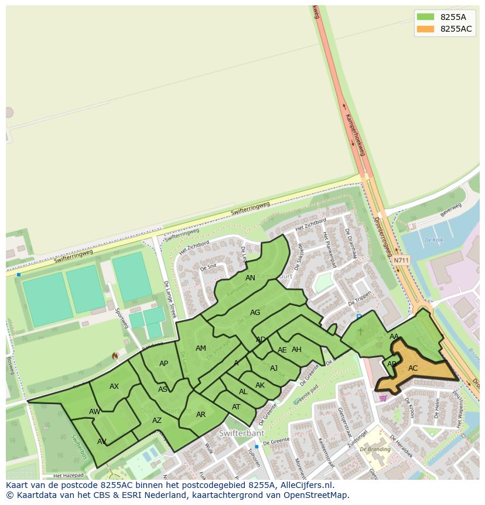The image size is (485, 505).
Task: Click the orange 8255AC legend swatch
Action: click(x=426, y=29)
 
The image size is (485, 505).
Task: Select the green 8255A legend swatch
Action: click(x=426, y=17)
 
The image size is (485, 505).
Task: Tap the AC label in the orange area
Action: click(x=413, y=368)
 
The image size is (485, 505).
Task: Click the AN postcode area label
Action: click(x=250, y=278)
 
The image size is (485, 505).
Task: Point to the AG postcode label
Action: click(x=255, y=313)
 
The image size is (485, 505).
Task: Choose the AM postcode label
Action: click(x=201, y=348)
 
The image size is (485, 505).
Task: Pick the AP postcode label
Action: click(x=163, y=364)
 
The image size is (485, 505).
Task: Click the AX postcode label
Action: click(x=114, y=387)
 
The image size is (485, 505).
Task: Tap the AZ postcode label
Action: click(x=157, y=421)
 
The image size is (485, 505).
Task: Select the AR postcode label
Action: click(x=201, y=415)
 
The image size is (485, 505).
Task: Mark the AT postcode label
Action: click(x=236, y=407)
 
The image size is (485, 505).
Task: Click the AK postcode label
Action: click(x=260, y=385)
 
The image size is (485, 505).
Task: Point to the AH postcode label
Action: click(x=296, y=350)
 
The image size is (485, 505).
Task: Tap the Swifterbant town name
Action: click(x=242, y=433)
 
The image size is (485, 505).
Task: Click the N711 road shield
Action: click(x=401, y=260)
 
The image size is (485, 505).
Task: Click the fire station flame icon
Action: click(x=115, y=356)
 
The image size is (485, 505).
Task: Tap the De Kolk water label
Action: click(x=433, y=240)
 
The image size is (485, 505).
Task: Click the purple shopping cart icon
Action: click(x=383, y=397)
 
